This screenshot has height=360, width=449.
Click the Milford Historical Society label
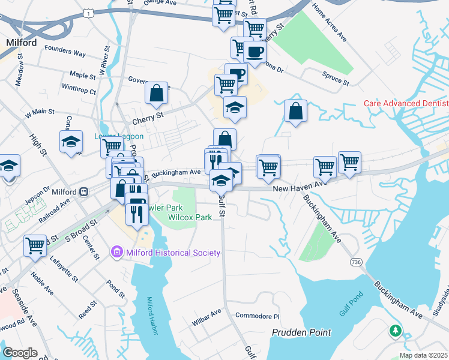[173, 253]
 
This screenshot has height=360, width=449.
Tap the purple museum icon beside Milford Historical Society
[118, 253]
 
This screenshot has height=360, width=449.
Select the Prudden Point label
[301, 332]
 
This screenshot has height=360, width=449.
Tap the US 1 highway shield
[89, 12]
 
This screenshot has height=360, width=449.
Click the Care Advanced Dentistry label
[406, 103]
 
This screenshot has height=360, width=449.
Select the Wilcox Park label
[190, 217]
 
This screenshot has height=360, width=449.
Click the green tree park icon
[395, 331]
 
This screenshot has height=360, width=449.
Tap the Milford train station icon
[84, 192]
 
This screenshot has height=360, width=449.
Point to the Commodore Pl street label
[258, 316]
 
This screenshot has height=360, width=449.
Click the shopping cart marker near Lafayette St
[35, 245]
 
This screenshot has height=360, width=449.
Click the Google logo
[20, 353]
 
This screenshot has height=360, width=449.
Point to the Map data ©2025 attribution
[423, 355]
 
